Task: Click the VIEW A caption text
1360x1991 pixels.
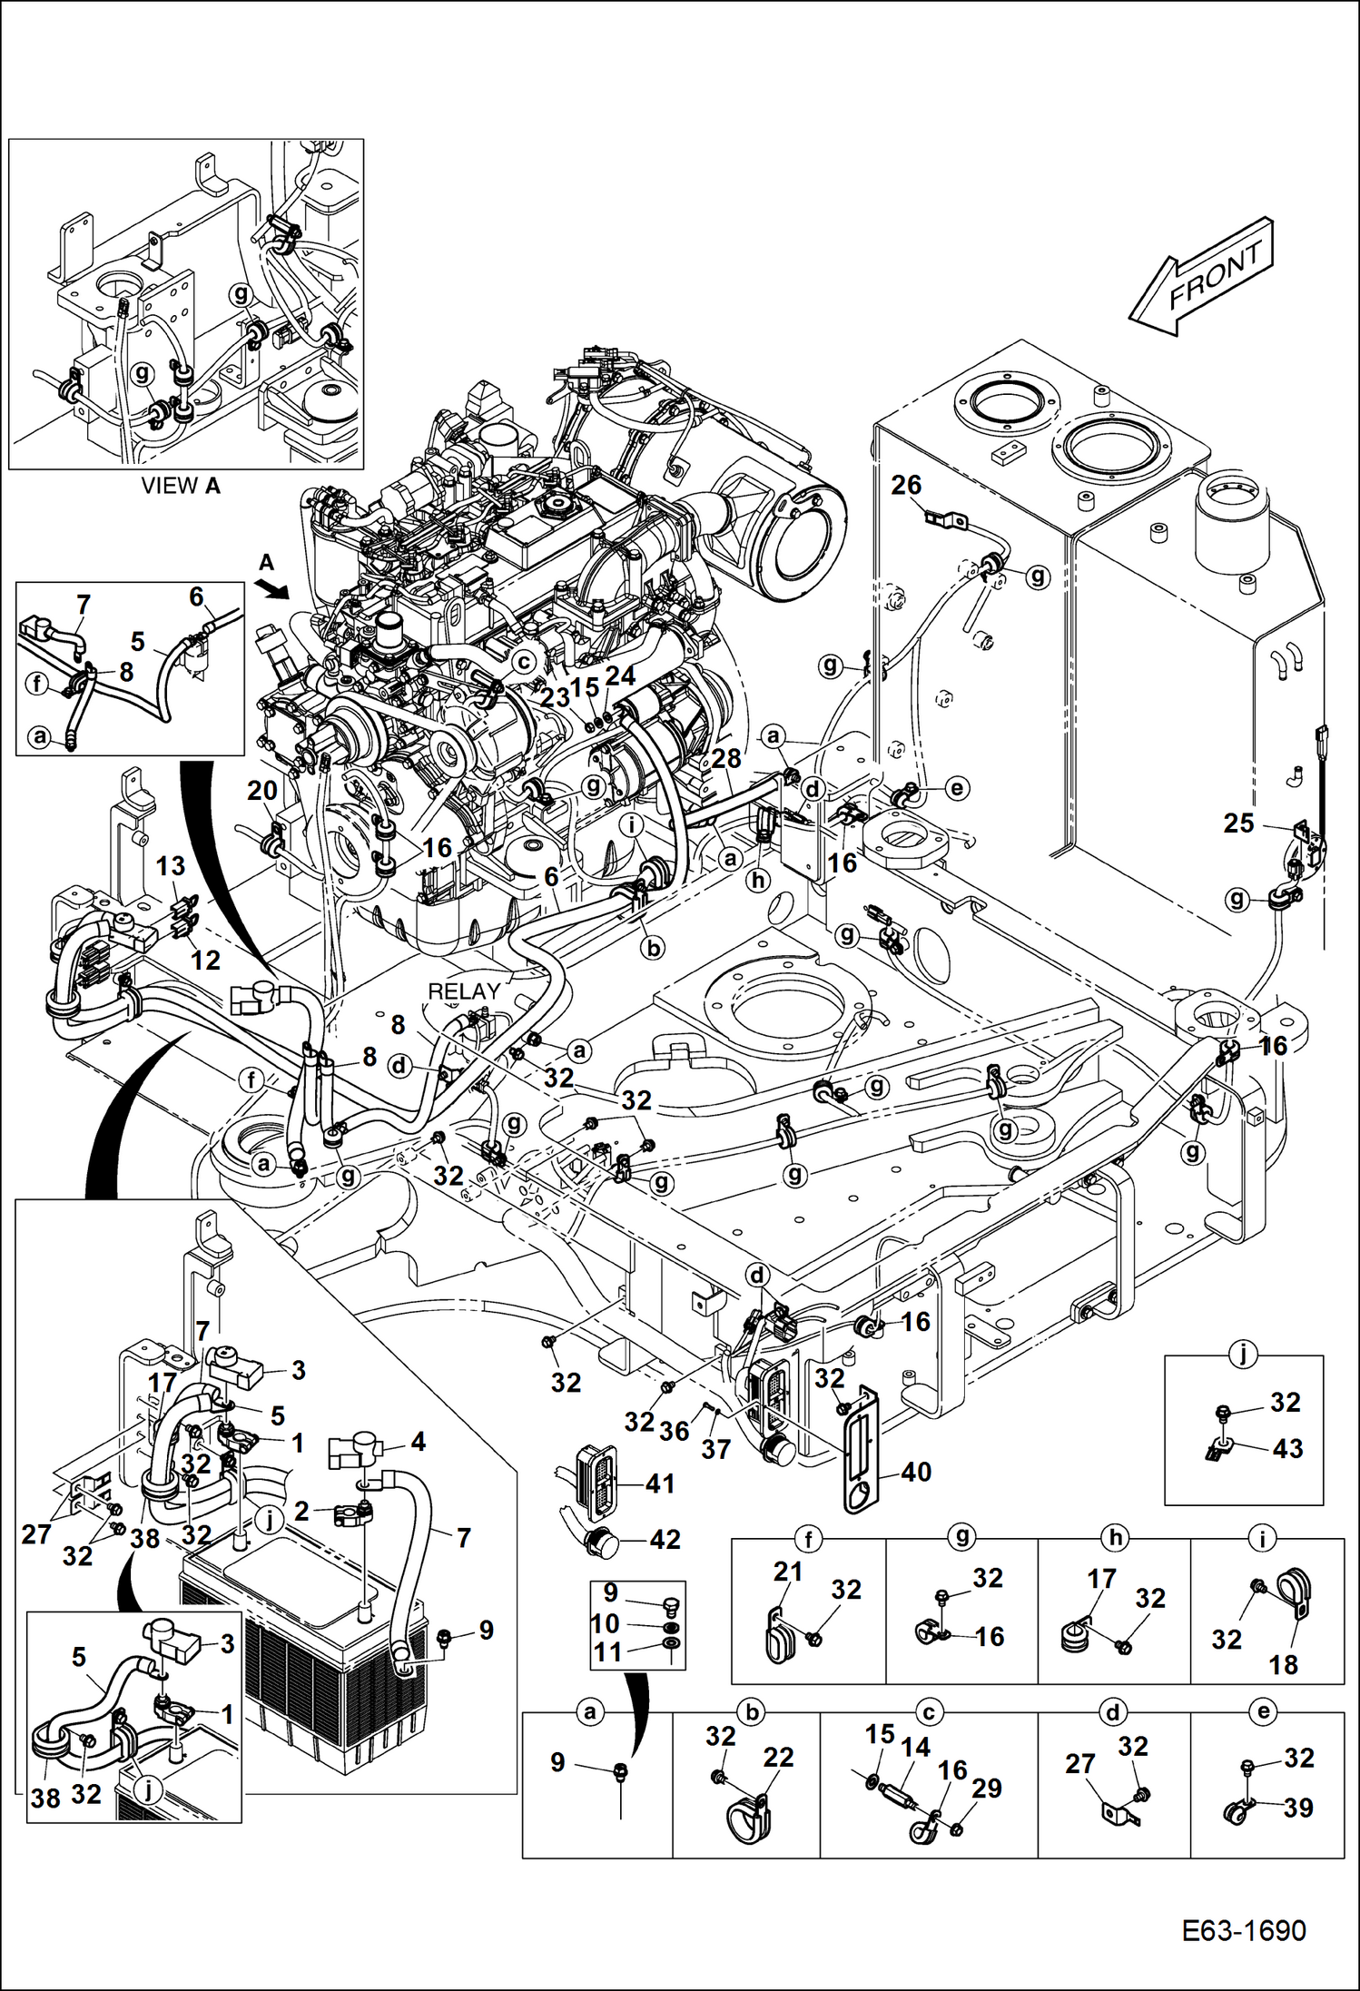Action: pos(182,486)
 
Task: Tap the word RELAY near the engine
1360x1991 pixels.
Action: pos(464,991)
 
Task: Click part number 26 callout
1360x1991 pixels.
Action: pos(906,486)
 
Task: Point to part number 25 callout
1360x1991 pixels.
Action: pos(1238,823)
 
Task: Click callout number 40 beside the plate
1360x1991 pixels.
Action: pos(916,1472)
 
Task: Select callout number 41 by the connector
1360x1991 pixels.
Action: pos(660,1483)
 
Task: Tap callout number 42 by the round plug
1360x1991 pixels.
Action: pos(665,1539)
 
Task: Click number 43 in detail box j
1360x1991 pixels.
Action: pos(1288,1448)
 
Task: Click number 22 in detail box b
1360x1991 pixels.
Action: pos(778,1757)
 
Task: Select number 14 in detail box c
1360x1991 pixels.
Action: pos(915,1747)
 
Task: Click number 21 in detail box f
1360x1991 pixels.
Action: pos(787,1571)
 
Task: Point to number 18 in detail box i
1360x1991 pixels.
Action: pos(1284,1665)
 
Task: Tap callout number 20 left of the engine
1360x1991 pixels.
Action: pos(262,791)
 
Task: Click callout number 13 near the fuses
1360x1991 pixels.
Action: pos(171,866)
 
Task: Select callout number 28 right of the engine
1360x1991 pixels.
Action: pos(726,758)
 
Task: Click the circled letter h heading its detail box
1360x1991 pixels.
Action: pos(1114,1538)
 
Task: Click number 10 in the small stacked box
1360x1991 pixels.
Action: pos(606,1623)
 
